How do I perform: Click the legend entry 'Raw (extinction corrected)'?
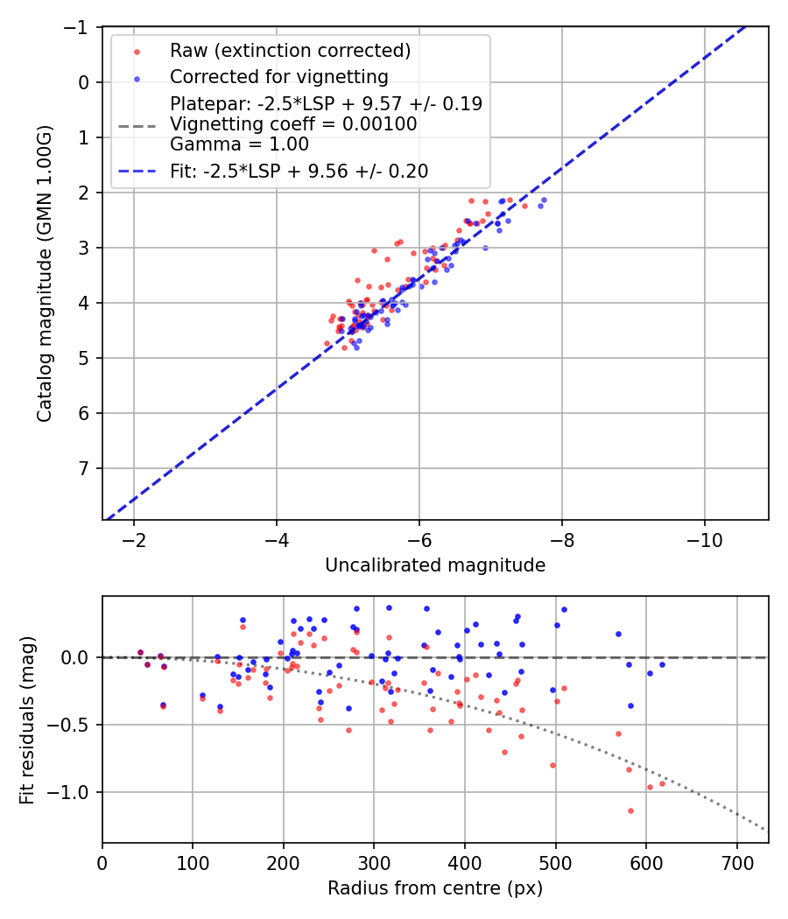coord(290,51)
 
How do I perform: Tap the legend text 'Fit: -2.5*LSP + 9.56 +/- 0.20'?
coord(299,172)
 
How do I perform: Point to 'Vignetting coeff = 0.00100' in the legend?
coord(293,124)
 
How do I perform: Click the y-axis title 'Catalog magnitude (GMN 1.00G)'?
coord(45,274)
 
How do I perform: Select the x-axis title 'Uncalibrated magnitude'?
coord(435,565)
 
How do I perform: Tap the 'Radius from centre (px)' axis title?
coord(435,888)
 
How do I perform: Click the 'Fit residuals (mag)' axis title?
coord(27,719)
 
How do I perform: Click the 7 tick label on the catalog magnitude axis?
coord(84,468)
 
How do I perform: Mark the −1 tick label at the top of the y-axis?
coord(77,27)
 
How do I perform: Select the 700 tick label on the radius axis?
coord(736,862)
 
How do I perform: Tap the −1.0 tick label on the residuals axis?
coord(70,792)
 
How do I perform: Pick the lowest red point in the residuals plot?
coord(630,810)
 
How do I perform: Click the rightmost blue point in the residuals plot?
coord(662,664)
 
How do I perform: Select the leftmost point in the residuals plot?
coord(140,652)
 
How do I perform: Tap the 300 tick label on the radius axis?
coord(374,862)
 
